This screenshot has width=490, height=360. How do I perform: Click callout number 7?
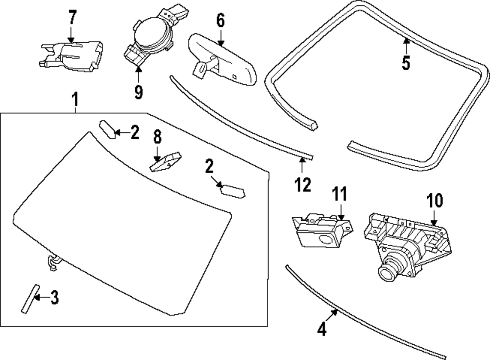click(72, 18)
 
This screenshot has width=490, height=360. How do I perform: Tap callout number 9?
click(139, 92)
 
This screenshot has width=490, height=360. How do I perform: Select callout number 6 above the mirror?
click(220, 21)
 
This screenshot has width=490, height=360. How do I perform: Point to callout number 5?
click(406, 63)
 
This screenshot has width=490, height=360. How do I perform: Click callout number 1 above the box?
click(75, 101)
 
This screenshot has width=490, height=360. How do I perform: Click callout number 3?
click(54, 297)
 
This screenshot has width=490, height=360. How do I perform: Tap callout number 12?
click(303, 184)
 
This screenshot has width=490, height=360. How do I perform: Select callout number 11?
click(340, 194)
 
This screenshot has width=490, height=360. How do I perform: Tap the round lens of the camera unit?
click(389, 269)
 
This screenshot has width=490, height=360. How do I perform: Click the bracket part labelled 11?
click(320, 229)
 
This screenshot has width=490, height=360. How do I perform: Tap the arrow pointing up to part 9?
click(138, 73)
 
